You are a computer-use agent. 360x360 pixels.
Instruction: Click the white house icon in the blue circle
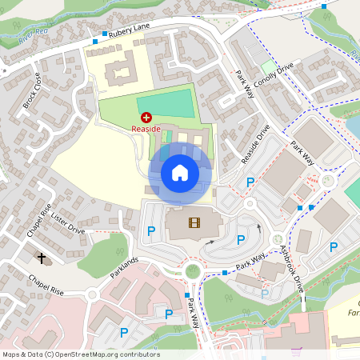coord(180,172)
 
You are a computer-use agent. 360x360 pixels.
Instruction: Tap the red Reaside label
coord(146,129)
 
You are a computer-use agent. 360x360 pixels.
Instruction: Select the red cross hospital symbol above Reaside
coord(146,118)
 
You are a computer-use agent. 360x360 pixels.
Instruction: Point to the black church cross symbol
coord(42,258)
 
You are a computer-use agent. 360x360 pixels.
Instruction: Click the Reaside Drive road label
coord(255,145)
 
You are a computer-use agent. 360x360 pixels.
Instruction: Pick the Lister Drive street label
coord(67,223)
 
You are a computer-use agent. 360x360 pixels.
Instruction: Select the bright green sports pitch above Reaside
coord(166,105)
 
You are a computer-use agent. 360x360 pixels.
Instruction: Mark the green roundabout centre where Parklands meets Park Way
coord(192,270)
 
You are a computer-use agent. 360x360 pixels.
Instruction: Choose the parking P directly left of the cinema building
coord(151,231)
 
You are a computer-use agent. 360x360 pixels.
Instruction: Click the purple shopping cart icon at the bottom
coord(297,350)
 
